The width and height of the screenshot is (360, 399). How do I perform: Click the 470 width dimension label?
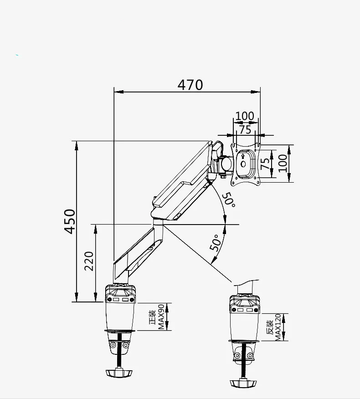click(x=190, y=85)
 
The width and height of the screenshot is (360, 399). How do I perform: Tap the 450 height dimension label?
click(x=70, y=221)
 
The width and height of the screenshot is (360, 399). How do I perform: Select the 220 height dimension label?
click(x=89, y=261)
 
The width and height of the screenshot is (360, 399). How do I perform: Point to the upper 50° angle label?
click(x=228, y=200)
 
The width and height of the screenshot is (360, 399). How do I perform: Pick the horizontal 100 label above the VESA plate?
click(x=244, y=116)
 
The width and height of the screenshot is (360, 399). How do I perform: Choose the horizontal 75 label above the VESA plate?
click(x=245, y=129)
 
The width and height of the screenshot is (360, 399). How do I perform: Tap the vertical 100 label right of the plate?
click(x=283, y=163)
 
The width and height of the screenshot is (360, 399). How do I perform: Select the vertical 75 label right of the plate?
click(x=265, y=164)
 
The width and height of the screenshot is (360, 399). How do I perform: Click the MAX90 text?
click(x=161, y=317)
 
